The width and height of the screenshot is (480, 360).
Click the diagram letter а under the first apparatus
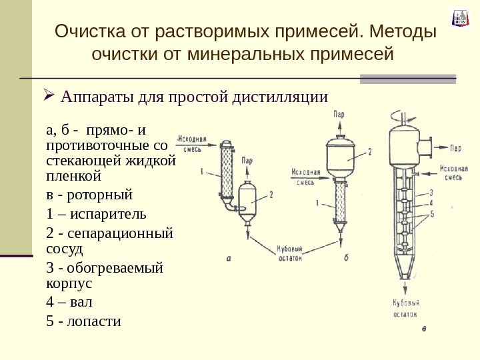pyautogui.click(x=228, y=259)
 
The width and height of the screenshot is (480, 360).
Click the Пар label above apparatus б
pyautogui.click(x=340, y=115)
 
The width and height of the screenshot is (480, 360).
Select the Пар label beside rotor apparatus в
pyautogui.click(x=456, y=148)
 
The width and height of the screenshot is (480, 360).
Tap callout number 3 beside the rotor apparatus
pyautogui.click(x=431, y=192)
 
